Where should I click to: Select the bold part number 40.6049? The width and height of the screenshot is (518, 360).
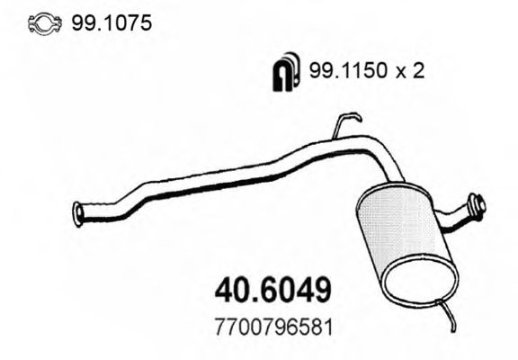pyautogui.click(x=274, y=290)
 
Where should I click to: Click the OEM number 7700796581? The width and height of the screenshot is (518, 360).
pyautogui.click(x=273, y=327)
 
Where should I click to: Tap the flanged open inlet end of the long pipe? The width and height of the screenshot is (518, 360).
pyautogui.click(x=78, y=213)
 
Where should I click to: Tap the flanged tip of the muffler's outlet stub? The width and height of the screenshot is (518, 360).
pyautogui.click(x=479, y=207)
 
